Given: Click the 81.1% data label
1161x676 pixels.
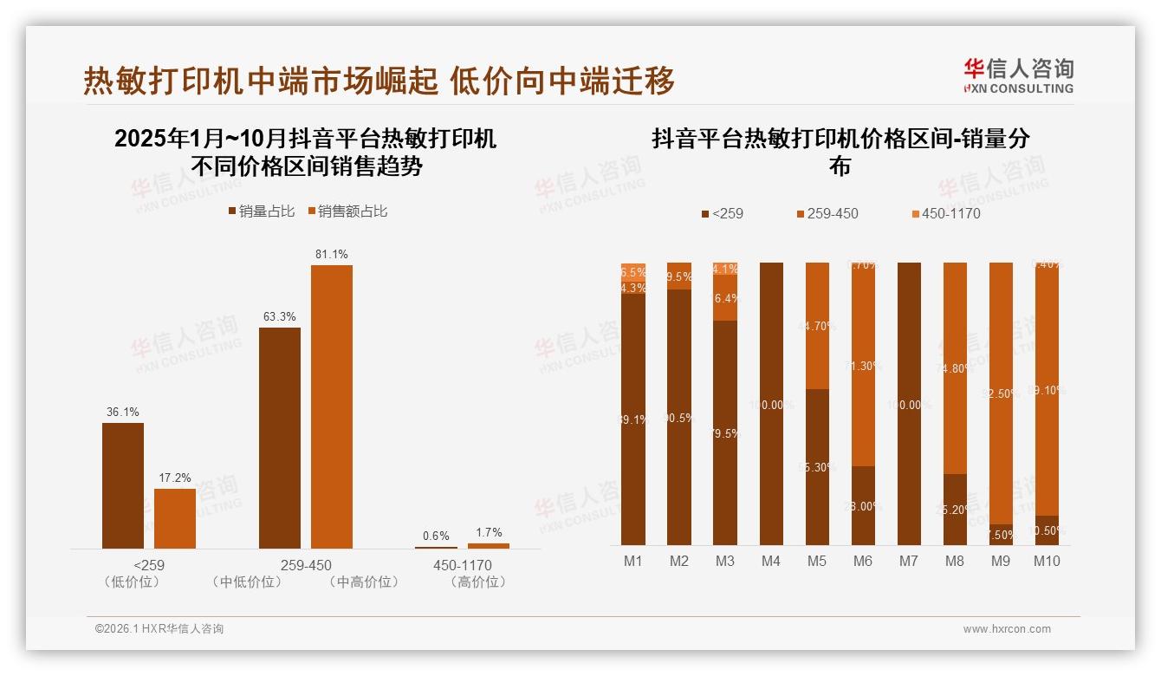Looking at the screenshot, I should [x=332, y=254].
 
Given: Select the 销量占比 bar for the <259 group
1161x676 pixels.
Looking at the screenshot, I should [x=123, y=485].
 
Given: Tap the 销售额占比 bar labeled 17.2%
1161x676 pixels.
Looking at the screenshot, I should [x=175, y=518].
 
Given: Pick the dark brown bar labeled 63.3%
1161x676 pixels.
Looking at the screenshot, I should [x=280, y=438].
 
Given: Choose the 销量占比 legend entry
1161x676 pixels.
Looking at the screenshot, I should [x=262, y=211].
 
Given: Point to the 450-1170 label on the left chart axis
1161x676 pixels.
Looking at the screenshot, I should [x=462, y=566].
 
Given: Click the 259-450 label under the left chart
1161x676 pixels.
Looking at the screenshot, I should [x=306, y=566].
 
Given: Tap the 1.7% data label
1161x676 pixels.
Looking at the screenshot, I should [x=489, y=532].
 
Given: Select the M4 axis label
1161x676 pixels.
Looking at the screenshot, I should [x=770, y=561].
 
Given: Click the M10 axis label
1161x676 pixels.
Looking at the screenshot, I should [x=1047, y=561].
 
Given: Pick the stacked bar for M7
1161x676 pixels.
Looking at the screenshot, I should [x=909, y=403].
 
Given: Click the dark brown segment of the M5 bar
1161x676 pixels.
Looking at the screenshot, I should [x=817, y=466].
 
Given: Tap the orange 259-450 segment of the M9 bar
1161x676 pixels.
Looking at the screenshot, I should [x=1001, y=394].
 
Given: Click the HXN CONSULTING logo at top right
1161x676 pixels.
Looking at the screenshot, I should [x=1019, y=75].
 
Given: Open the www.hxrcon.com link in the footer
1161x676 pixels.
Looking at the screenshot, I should [x=1006, y=629].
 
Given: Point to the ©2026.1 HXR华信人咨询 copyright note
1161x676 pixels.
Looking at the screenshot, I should [x=159, y=629].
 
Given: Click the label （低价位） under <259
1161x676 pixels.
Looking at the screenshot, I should [x=132, y=582].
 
